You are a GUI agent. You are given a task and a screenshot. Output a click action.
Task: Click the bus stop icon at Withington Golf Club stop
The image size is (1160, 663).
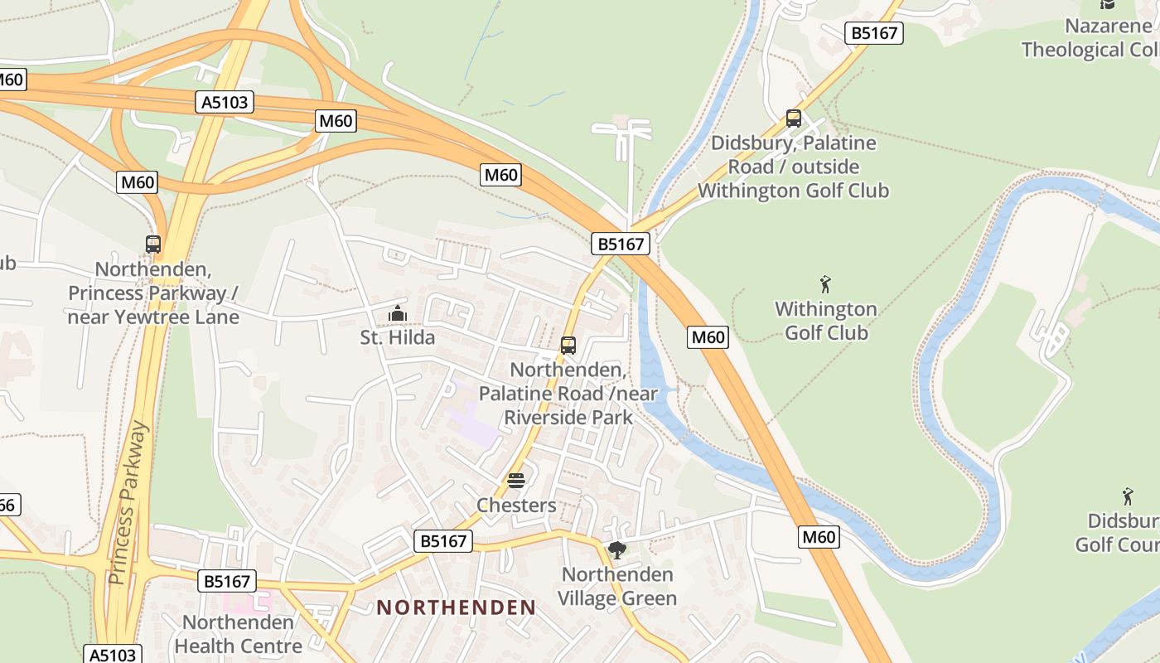[794, 119]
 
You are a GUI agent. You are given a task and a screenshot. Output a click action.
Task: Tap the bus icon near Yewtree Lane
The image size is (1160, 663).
[153, 244]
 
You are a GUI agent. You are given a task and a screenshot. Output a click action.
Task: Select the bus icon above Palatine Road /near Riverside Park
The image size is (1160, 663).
[568, 346]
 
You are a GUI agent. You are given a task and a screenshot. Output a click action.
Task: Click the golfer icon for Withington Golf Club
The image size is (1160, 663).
[825, 285]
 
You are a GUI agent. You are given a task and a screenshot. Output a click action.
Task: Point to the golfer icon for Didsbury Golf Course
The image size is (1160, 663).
[1127, 497]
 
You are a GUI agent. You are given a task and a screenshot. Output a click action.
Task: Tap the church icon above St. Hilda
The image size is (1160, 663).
[398, 314]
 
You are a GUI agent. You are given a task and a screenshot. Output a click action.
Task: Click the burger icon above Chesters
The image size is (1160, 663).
[516, 482]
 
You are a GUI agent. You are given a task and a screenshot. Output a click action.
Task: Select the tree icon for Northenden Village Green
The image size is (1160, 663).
[616, 550]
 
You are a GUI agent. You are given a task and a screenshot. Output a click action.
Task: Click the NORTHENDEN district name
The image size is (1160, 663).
[457, 607]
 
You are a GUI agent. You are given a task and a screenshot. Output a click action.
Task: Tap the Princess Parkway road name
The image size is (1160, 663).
[129, 502]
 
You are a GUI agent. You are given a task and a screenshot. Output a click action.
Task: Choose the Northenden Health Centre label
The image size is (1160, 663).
[239, 634]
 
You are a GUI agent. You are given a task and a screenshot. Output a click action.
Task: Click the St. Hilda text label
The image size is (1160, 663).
[398, 337]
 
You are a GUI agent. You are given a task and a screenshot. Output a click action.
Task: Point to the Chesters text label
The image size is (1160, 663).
[516, 506]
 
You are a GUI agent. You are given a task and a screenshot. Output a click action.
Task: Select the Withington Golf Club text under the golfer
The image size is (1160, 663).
[826, 321]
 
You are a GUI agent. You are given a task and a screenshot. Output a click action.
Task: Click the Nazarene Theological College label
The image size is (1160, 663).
[1090, 38]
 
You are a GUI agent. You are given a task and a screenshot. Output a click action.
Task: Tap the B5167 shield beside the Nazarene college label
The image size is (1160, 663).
[874, 33]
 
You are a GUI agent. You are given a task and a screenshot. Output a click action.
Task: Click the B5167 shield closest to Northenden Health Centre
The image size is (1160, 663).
[227, 581]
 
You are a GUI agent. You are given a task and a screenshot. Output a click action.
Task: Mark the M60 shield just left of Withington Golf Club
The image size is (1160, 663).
[708, 337]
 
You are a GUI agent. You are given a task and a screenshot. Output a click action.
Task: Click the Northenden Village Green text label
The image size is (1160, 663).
[617, 586]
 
